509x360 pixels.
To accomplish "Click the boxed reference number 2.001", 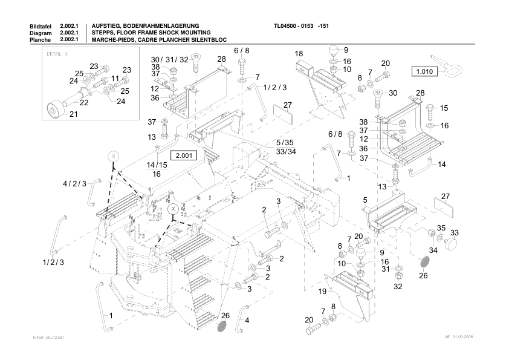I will (183, 155).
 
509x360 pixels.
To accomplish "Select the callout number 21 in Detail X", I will (74, 114).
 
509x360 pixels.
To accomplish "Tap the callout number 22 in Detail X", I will (84, 103).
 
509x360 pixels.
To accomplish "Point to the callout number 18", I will (299, 54).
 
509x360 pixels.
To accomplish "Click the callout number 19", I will (323, 292).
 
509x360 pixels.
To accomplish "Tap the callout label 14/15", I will (157, 165).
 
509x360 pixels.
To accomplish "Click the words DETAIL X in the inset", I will (57, 53).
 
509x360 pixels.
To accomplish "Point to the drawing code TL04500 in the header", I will (288, 26).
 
